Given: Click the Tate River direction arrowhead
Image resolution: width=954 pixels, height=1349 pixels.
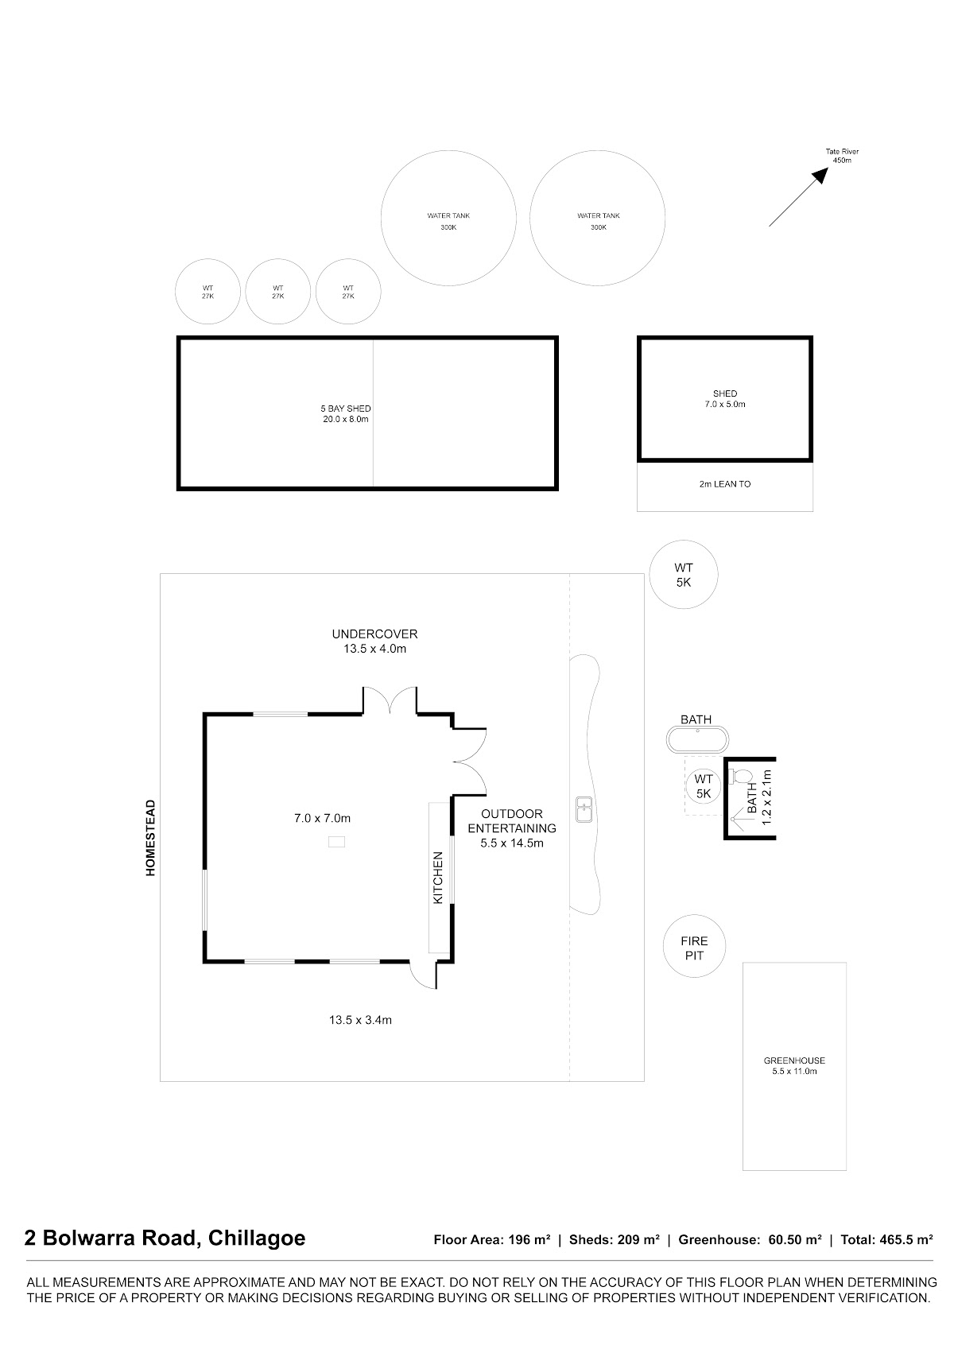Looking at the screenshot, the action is click(821, 175).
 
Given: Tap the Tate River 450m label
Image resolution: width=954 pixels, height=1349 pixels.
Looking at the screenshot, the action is click(842, 156).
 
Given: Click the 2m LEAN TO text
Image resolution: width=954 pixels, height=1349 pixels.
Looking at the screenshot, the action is click(724, 484).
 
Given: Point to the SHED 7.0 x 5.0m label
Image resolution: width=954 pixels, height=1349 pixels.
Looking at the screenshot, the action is click(725, 399).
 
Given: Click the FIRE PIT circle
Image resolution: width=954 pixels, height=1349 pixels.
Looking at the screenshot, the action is click(694, 946).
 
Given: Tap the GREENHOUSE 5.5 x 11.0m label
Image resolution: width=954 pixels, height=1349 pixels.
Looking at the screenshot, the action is click(794, 1066).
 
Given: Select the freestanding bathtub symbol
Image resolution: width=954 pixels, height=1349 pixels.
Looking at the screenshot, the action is click(697, 739).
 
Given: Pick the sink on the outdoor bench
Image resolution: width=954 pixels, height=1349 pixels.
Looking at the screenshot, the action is click(584, 809).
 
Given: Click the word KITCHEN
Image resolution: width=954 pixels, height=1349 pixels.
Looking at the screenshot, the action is click(438, 878).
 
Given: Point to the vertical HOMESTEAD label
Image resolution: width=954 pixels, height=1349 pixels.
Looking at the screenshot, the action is click(150, 838).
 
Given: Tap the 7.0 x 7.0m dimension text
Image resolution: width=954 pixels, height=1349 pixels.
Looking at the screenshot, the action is click(322, 819).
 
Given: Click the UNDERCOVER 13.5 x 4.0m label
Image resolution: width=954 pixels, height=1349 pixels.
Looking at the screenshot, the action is click(374, 642).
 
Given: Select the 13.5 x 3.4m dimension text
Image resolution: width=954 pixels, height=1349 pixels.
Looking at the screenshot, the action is click(360, 1020).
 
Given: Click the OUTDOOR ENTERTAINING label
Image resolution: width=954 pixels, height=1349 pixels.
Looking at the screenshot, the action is click(512, 828).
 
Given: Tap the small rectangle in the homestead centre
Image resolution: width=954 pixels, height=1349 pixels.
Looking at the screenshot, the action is click(336, 842).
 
